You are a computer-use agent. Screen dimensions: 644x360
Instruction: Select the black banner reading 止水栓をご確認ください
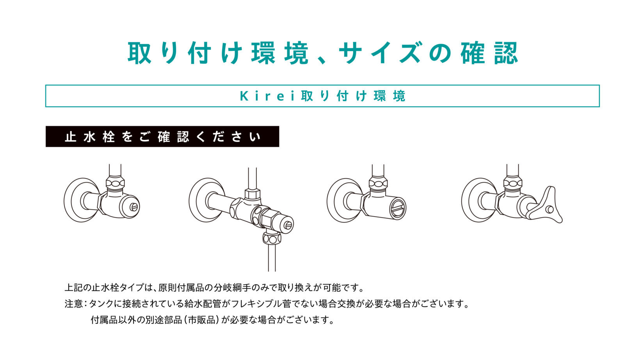[162, 137]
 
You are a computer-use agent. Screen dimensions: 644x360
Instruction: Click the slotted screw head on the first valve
[133, 207]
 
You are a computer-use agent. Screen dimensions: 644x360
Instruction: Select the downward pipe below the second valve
[272, 257]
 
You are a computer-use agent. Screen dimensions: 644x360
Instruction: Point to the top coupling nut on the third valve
[378, 183]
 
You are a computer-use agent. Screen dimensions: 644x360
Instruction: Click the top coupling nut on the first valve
[115, 183]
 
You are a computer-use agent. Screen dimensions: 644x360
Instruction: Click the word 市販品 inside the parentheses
[202, 320]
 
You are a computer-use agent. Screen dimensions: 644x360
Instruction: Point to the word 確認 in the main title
[489, 53]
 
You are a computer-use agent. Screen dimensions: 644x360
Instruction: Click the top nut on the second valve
[253, 194]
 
